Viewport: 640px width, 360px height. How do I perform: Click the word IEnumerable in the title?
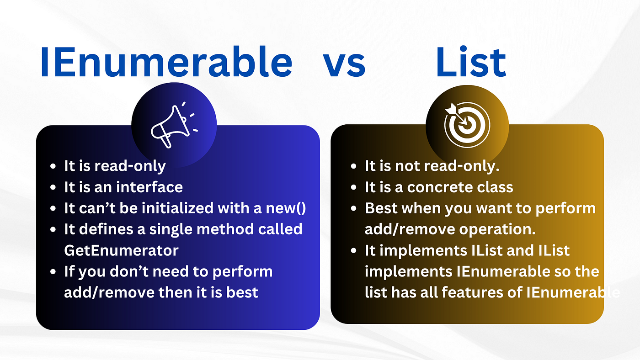(166, 62)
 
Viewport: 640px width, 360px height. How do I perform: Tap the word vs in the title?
(344, 65)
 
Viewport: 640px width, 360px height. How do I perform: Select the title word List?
(471, 62)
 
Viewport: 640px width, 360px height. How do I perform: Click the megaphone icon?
(174, 125)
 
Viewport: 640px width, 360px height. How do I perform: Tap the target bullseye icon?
(467, 124)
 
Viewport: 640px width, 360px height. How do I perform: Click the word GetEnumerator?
(121, 250)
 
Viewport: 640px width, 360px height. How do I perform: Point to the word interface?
(149, 187)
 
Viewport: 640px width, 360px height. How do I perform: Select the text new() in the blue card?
(286, 208)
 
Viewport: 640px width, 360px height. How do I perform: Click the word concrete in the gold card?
(436, 188)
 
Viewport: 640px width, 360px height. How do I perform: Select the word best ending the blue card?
(242, 293)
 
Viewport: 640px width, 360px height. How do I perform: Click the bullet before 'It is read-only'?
(53, 166)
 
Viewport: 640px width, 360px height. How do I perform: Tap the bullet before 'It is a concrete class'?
(354, 188)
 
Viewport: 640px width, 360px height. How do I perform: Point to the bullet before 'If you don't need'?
(53, 272)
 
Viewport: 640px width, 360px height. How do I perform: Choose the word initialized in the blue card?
(178, 208)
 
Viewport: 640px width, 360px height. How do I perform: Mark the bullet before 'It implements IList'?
(354, 251)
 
